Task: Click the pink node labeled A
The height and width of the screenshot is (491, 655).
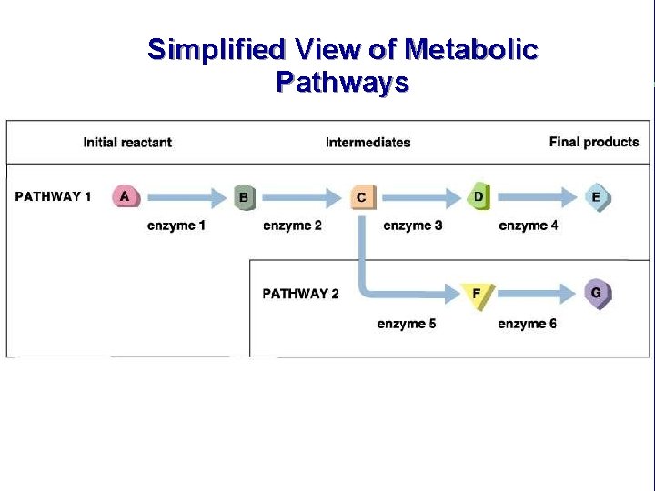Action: [126, 195]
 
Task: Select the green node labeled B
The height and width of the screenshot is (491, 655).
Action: [244, 196]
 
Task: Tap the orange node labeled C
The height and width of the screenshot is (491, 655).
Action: [362, 196]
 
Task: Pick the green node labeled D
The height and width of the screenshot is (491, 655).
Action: [479, 196]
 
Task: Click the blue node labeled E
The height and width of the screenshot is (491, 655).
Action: [596, 196]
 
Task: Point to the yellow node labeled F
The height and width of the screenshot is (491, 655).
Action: [477, 294]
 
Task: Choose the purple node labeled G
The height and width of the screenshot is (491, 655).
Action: [596, 293]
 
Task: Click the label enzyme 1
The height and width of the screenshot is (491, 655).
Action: [176, 225]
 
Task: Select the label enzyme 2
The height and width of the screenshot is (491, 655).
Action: [292, 225]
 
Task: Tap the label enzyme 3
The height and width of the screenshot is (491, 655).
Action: [413, 225]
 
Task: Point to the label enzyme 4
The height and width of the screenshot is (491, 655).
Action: [529, 225]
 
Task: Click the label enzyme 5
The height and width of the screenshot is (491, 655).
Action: [407, 324]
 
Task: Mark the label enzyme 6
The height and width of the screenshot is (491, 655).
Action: [528, 324]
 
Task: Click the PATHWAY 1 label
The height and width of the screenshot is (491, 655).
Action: [54, 196]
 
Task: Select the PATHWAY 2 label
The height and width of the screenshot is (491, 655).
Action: [300, 294]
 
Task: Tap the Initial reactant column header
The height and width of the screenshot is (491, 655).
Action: [127, 142]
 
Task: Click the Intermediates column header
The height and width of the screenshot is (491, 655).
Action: [368, 142]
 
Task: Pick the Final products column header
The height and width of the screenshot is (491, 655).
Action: [594, 142]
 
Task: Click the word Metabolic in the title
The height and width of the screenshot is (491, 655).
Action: [471, 49]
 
